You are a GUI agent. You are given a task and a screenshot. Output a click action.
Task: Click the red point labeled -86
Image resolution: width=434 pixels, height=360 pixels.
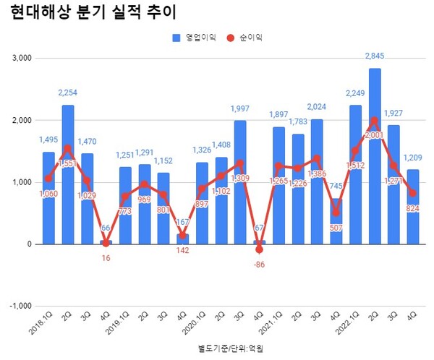259,249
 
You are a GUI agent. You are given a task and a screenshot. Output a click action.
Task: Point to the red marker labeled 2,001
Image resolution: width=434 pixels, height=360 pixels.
375,121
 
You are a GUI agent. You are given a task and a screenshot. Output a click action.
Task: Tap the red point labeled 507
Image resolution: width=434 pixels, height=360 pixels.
336,213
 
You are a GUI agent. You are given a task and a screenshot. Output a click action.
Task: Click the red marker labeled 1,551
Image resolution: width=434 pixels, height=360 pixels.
68,148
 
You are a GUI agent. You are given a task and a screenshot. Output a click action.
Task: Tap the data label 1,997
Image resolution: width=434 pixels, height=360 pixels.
239,108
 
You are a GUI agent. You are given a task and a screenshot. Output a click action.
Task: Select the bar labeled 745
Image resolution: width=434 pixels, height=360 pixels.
336,220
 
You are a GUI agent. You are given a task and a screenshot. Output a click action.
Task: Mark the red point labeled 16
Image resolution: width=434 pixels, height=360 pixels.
106,243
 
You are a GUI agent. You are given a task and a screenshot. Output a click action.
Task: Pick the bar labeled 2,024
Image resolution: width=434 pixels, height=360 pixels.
316,181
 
